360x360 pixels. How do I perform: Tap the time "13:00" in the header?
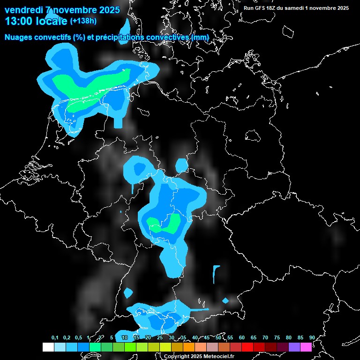pyautogui.click(x=18, y=21)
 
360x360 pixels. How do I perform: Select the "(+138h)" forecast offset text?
pyautogui.click(x=83, y=21)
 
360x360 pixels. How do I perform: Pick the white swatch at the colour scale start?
pyautogui.click(x=48, y=347)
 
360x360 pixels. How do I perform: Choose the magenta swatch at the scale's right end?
pyautogui.click(x=306, y=347)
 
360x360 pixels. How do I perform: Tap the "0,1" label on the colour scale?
pyautogui.click(x=55, y=338)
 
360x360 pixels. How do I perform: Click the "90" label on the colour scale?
pyautogui.click(x=312, y=338)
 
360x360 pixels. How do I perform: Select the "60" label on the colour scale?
pyautogui.click(x=242, y=338)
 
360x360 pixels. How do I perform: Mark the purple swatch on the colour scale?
pyautogui.click(x=294, y=347)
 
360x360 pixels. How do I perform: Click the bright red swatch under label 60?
pyautogui.click(x=247, y=347)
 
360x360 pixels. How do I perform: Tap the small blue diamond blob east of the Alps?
pyautogui.click(x=225, y=300)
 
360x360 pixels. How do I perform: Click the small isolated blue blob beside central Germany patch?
pyautogui.click(x=181, y=165)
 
